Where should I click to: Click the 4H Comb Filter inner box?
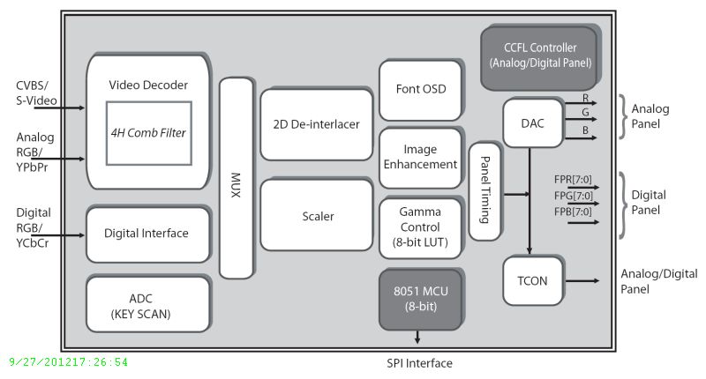(x=149, y=132)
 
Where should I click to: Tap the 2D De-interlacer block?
(x=316, y=124)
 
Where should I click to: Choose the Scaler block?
(x=316, y=215)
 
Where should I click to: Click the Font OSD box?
(x=420, y=90)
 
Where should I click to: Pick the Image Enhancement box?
(x=420, y=157)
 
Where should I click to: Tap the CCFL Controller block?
(x=539, y=57)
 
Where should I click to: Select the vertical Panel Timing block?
(x=484, y=190)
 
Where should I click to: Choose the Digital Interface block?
(x=147, y=234)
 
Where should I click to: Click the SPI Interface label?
(x=420, y=362)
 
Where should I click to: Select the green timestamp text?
(x=68, y=362)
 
